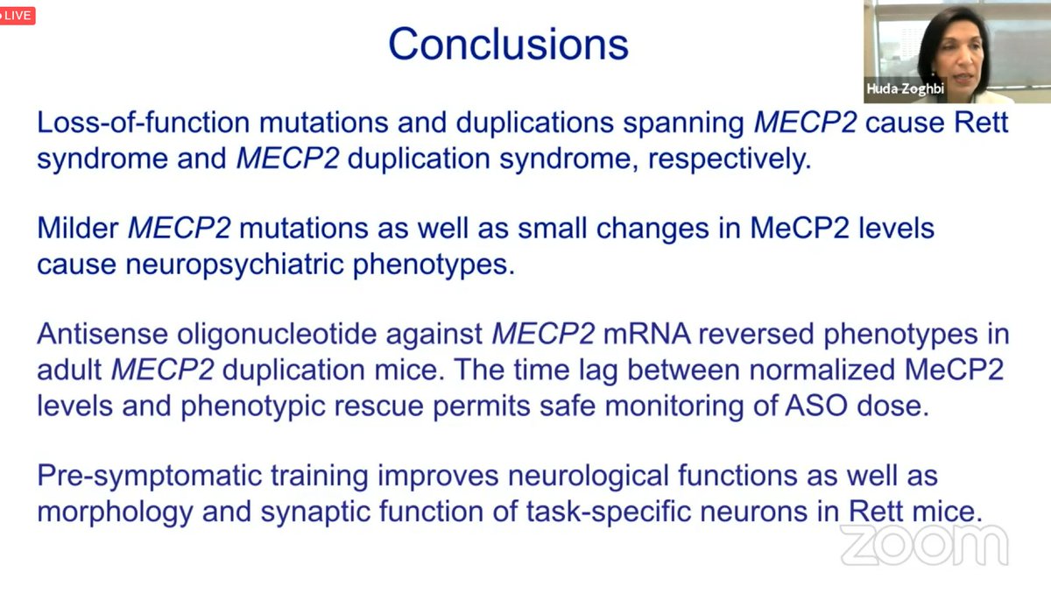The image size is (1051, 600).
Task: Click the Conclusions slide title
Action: [509, 44]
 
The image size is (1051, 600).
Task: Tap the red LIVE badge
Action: [17, 16]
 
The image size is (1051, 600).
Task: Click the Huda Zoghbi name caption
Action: [905, 88]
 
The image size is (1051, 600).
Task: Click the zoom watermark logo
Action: [924, 545]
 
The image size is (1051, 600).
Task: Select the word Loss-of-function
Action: [144, 122]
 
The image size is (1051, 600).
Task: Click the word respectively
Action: [730, 159]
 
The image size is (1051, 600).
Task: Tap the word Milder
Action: [78, 228]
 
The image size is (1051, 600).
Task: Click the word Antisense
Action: [102, 334]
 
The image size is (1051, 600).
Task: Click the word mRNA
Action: [647, 334]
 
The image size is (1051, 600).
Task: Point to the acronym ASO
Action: [816, 406]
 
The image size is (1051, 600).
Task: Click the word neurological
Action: [589, 476]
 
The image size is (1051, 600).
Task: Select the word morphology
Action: [115, 512]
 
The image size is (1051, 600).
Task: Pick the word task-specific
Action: [608, 512]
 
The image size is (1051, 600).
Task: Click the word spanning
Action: [683, 124]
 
